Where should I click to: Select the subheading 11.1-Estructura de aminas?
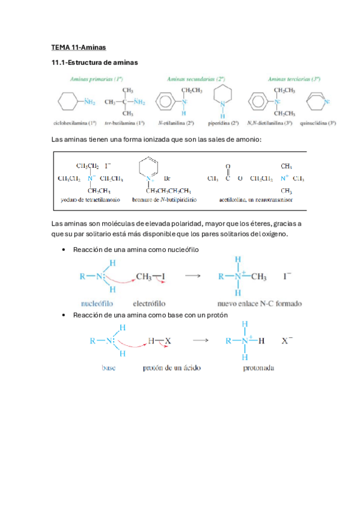[95, 62]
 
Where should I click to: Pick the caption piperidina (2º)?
[222, 123]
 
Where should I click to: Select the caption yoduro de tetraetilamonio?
[91, 198]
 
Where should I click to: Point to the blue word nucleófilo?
[97, 303]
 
